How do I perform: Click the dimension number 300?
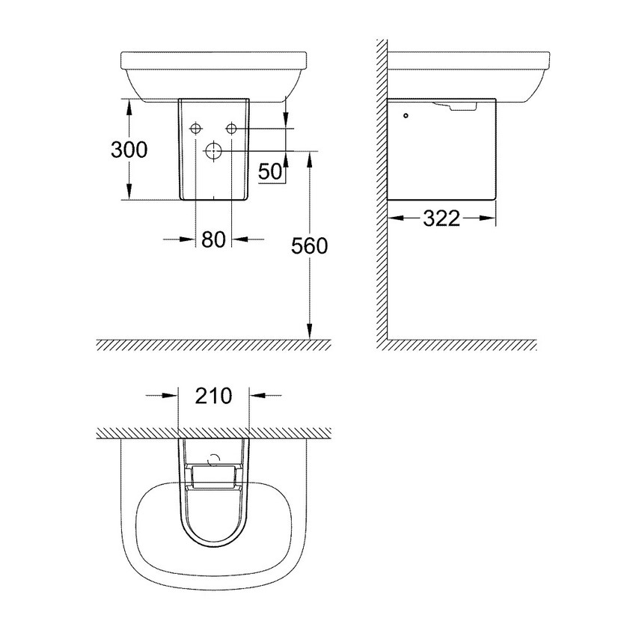(129, 150)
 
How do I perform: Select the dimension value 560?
(309, 245)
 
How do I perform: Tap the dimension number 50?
(271, 171)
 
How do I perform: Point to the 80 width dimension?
(213, 239)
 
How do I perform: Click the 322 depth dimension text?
(441, 218)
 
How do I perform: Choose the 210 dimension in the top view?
(214, 394)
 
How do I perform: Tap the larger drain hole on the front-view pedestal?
(213, 150)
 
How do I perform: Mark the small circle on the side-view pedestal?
(406, 116)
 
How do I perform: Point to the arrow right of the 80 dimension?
(240, 239)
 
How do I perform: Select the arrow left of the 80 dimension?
(187, 239)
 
